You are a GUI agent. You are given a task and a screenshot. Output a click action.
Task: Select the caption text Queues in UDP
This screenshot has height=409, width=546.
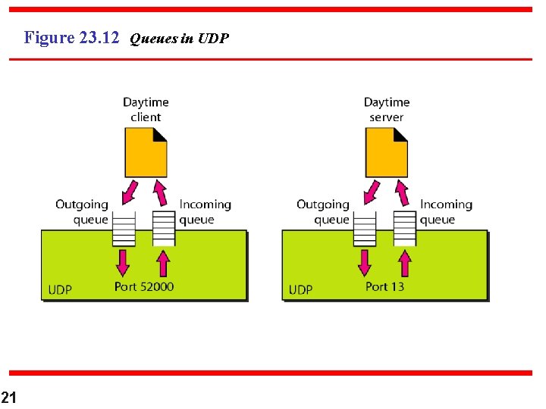pos(179,38)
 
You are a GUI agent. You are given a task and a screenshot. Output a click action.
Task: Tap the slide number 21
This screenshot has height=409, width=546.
pos(8,397)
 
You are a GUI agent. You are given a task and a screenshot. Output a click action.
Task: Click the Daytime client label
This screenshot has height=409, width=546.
pos(146,109)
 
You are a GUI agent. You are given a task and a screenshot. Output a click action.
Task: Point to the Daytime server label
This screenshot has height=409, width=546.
pos(387,109)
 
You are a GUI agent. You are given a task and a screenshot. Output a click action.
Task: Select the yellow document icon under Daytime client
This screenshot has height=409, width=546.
pos(146,151)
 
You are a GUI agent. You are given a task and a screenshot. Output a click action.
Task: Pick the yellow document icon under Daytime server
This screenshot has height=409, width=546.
pos(386,151)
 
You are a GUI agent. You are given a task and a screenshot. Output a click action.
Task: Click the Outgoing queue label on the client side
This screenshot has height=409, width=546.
pos(82,212)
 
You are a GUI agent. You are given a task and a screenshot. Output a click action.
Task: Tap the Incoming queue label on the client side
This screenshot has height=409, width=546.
pos(205,212)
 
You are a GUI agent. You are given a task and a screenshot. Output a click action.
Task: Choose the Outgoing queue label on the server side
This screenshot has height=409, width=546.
pos(323,212)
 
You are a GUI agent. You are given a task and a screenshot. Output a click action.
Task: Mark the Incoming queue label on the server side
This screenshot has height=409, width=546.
pos(446,212)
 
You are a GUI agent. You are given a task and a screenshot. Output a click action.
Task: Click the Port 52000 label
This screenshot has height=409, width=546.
pos(144,286)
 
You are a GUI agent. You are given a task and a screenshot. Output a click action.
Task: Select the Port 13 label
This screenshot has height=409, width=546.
pos(384,286)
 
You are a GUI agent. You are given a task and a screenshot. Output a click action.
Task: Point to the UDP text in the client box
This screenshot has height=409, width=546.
pos(60,289)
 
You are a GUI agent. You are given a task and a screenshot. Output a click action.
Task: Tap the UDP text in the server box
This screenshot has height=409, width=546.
pos(300,289)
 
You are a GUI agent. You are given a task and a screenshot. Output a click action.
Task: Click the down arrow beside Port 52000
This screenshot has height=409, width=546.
pos(123,263)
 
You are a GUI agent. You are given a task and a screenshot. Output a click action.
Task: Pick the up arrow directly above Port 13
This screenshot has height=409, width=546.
pos(404,263)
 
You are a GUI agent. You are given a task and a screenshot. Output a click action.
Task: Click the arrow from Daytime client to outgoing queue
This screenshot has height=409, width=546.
pos(130,192)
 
